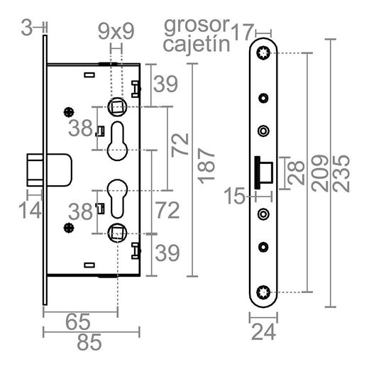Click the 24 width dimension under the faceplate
[264, 331]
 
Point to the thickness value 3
[26, 28]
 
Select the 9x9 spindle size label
[116, 30]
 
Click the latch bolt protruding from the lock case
[36, 170]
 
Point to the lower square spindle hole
[116, 231]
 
